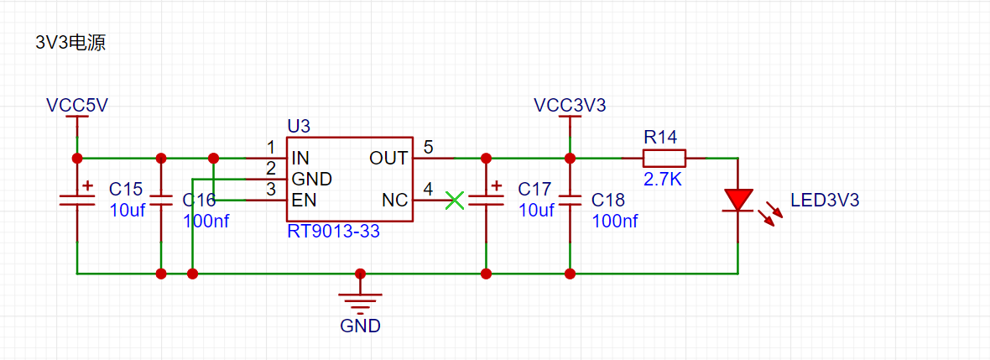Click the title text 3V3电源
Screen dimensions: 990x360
click(70, 44)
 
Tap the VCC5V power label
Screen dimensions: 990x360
click(77, 106)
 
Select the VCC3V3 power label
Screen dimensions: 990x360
click(571, 106)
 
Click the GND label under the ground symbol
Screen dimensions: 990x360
click(361, 326)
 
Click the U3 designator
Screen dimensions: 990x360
click(300, 127)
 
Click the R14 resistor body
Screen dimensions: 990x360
click(664, 157)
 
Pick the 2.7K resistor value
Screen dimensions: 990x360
click(663, 180)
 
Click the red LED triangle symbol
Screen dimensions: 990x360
click(737, 201)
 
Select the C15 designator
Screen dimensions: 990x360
click(127, 189)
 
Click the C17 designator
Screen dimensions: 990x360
click(535, 189)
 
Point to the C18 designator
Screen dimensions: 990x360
click(608, 201)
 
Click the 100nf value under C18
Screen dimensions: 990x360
click(615, 221)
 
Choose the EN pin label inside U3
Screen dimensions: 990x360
click(305, 201)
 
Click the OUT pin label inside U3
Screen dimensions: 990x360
click(388, 158)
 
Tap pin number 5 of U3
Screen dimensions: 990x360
click(429, 148)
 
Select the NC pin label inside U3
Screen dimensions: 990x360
click(394, 201)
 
